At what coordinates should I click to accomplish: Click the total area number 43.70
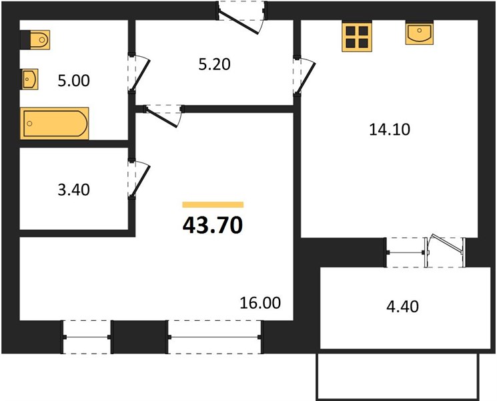(x=213, y=225)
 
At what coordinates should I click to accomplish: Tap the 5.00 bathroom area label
(x=73, y=81)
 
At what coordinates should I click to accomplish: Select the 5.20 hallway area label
(x=214, y=64)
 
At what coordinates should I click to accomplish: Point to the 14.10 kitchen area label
(x=390, y=130)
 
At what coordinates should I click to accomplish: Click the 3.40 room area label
(x=73, y=190)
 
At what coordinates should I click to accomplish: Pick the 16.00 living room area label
(x=260, y=303)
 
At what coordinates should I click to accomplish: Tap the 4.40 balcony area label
(x=402, y=307)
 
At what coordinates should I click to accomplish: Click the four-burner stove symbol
(x=357, y=37)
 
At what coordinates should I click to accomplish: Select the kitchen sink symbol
(x=420, y=33)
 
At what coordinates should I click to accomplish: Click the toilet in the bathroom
(x=35, y=39)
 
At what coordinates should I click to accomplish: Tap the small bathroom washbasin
(x=29, y=79)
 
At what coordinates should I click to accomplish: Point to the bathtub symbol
(x=54, y=124)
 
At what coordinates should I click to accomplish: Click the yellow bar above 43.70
(x=213, y=205)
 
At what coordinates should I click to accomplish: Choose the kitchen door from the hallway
(x=304, y=76)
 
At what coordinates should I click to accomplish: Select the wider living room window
(x=215, y=337)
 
